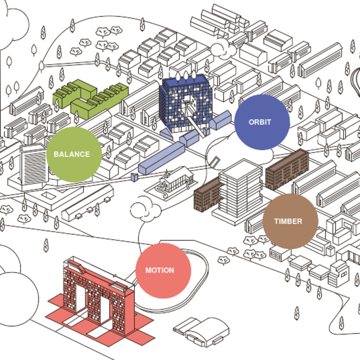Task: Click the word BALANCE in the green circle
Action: pos(71,154)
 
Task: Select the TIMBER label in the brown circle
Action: pos(288,221)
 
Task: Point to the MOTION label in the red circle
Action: pos(160,270)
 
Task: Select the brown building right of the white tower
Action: pos(286,168)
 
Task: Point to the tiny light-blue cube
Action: pos(134,177)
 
